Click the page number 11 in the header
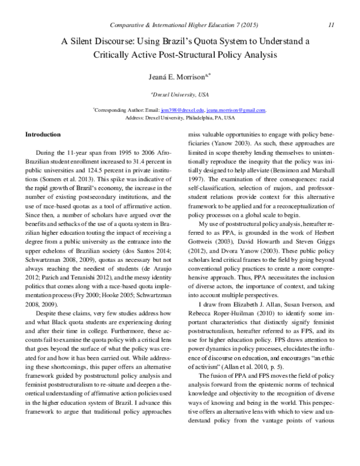click(x=331, y=25)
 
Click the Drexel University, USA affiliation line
click(x=180, y=95)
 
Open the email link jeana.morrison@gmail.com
click(x=236, y=110)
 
